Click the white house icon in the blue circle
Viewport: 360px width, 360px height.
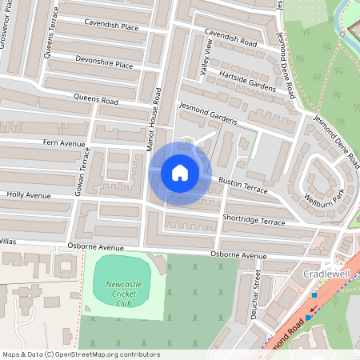point(180,172)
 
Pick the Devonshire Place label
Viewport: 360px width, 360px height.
point(104,62)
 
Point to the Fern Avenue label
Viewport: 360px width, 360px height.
point(63,143)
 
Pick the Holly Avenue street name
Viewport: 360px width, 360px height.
point(28,194)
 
